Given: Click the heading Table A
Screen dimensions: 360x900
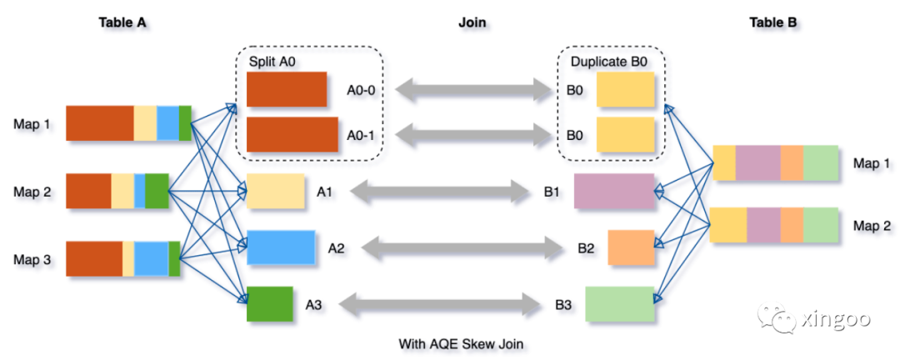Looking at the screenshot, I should tap(122, 22).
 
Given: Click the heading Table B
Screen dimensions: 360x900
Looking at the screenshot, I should tap(773, 22).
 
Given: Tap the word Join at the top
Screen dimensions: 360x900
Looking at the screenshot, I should tap(472, 22).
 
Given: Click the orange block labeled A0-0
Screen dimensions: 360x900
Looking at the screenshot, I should tap(286, 89).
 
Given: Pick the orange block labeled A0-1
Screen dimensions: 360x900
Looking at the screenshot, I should tap(292, 134).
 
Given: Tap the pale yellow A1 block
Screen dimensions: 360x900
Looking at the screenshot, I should tap(275, 192).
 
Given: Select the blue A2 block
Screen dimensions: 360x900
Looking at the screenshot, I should tap(281, 247).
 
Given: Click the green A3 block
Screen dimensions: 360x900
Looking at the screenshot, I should tap(269, 304).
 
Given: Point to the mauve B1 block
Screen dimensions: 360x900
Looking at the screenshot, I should tap(613, 192).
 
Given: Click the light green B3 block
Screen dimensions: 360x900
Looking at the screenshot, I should tap(618, 304).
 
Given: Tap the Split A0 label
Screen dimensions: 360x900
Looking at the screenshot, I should tap(272, 62).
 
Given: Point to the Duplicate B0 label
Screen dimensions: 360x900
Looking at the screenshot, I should tap(606, 62).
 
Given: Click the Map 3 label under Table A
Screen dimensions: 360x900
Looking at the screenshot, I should tap(32, 260).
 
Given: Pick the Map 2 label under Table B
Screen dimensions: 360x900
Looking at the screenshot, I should tap(872, 225).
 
